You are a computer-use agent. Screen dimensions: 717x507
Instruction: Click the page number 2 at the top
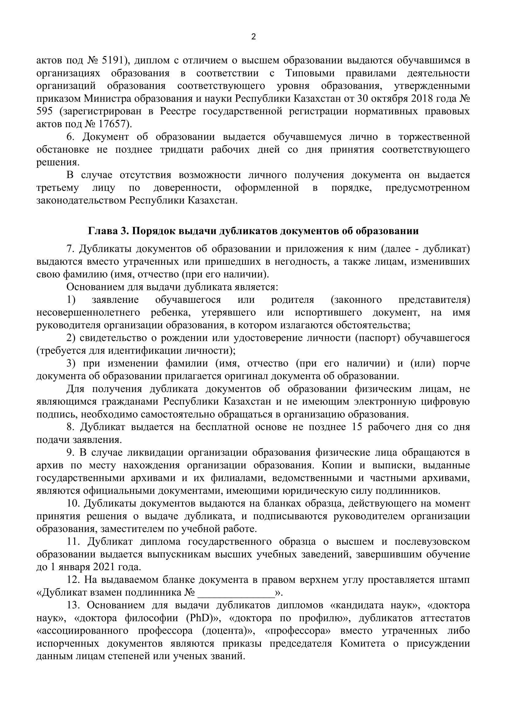(x=253, y=37)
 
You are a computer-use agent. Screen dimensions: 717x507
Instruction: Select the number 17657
(x=112, y=124)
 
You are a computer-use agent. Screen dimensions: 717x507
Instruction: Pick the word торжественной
(x=434, y=137)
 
